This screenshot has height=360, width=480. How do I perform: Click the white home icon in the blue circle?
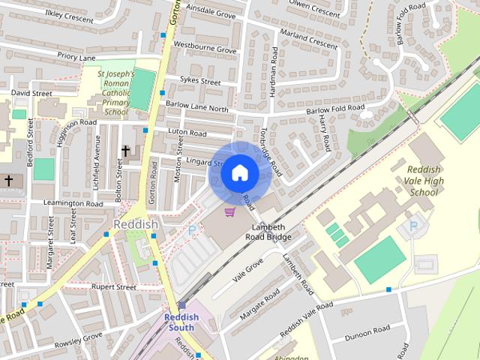click(x=239, y=173)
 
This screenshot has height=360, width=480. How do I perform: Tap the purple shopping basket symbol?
click(x=230, y=212)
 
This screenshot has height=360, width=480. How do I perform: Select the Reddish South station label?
click(x=181, y=322)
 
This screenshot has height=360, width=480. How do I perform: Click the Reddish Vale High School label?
click(x=424, y=181)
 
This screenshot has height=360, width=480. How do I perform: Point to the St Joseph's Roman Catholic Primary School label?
click(x=116, y=93)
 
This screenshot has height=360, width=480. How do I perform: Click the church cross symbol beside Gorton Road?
click(x=125, y=151)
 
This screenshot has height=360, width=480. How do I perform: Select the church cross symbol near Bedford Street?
click(x=8, y=181)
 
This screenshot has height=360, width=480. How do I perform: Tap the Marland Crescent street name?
click(x=308, y=39)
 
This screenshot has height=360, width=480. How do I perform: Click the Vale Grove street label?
click(x=248, y=269)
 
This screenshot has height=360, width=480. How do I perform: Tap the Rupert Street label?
click(x=113, y=286)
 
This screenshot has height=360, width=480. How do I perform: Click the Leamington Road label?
click(x=73, y=203)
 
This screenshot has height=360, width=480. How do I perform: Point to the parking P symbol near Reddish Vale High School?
click(x=412, y=226)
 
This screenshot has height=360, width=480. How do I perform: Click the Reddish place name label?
click(x=136, y=225)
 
